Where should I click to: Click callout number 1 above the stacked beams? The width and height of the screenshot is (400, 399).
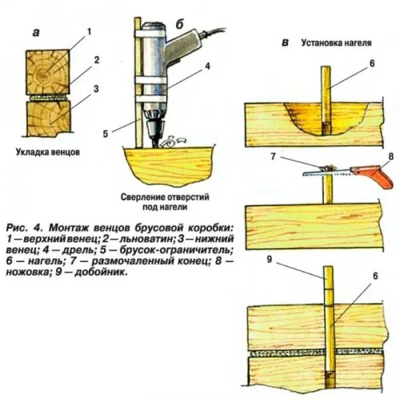[88, 31]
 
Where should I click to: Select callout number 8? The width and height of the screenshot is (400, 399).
[390, 157]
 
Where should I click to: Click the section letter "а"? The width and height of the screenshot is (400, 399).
[37, 33]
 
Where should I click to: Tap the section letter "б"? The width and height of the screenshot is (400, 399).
[181, 30]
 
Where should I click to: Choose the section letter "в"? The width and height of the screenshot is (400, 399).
[286, 42]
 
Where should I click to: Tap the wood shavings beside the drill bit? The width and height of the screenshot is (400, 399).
[170, 143]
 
